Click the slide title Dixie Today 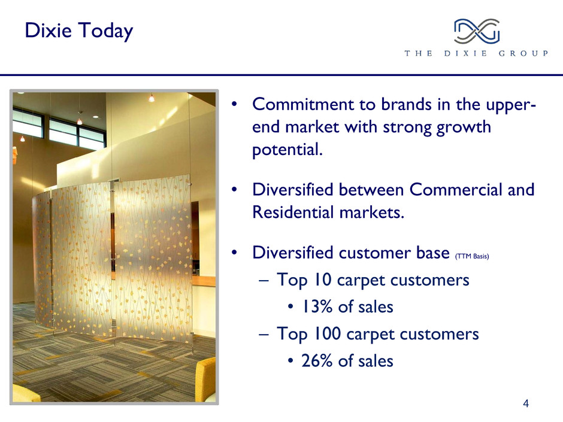[79, 31]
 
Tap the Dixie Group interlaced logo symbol [477, 31]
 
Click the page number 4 [526, 403]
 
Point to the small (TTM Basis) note [472, 256]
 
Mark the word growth [464, 127]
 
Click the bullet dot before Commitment [234, 104]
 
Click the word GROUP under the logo [523, 53]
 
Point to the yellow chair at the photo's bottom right [205, 380]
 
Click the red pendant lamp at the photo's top [151, 98]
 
